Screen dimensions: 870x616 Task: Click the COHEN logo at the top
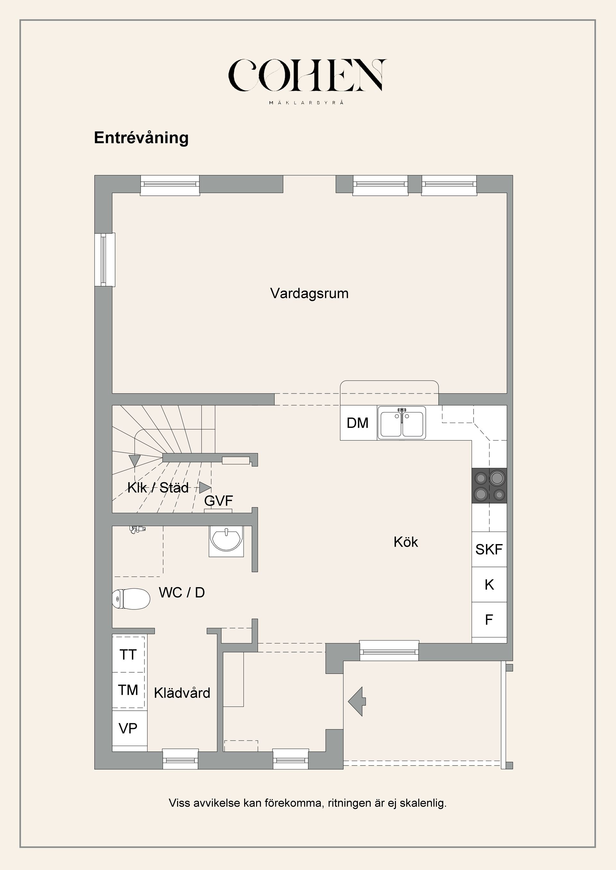[308, 76]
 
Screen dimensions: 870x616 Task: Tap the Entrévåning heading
[141, 138]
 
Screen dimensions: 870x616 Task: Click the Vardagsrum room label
[309, 293]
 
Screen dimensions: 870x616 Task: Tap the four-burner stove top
[489, 486]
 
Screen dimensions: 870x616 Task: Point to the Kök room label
[406, 542]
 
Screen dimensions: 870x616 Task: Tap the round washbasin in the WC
[226, 540]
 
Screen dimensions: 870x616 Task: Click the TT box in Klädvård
[128, 655]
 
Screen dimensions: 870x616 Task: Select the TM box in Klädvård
[128, 690]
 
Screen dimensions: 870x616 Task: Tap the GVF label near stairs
[218, 501]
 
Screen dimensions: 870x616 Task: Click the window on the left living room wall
[104, 260]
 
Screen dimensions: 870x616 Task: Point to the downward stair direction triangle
[135, 461]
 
